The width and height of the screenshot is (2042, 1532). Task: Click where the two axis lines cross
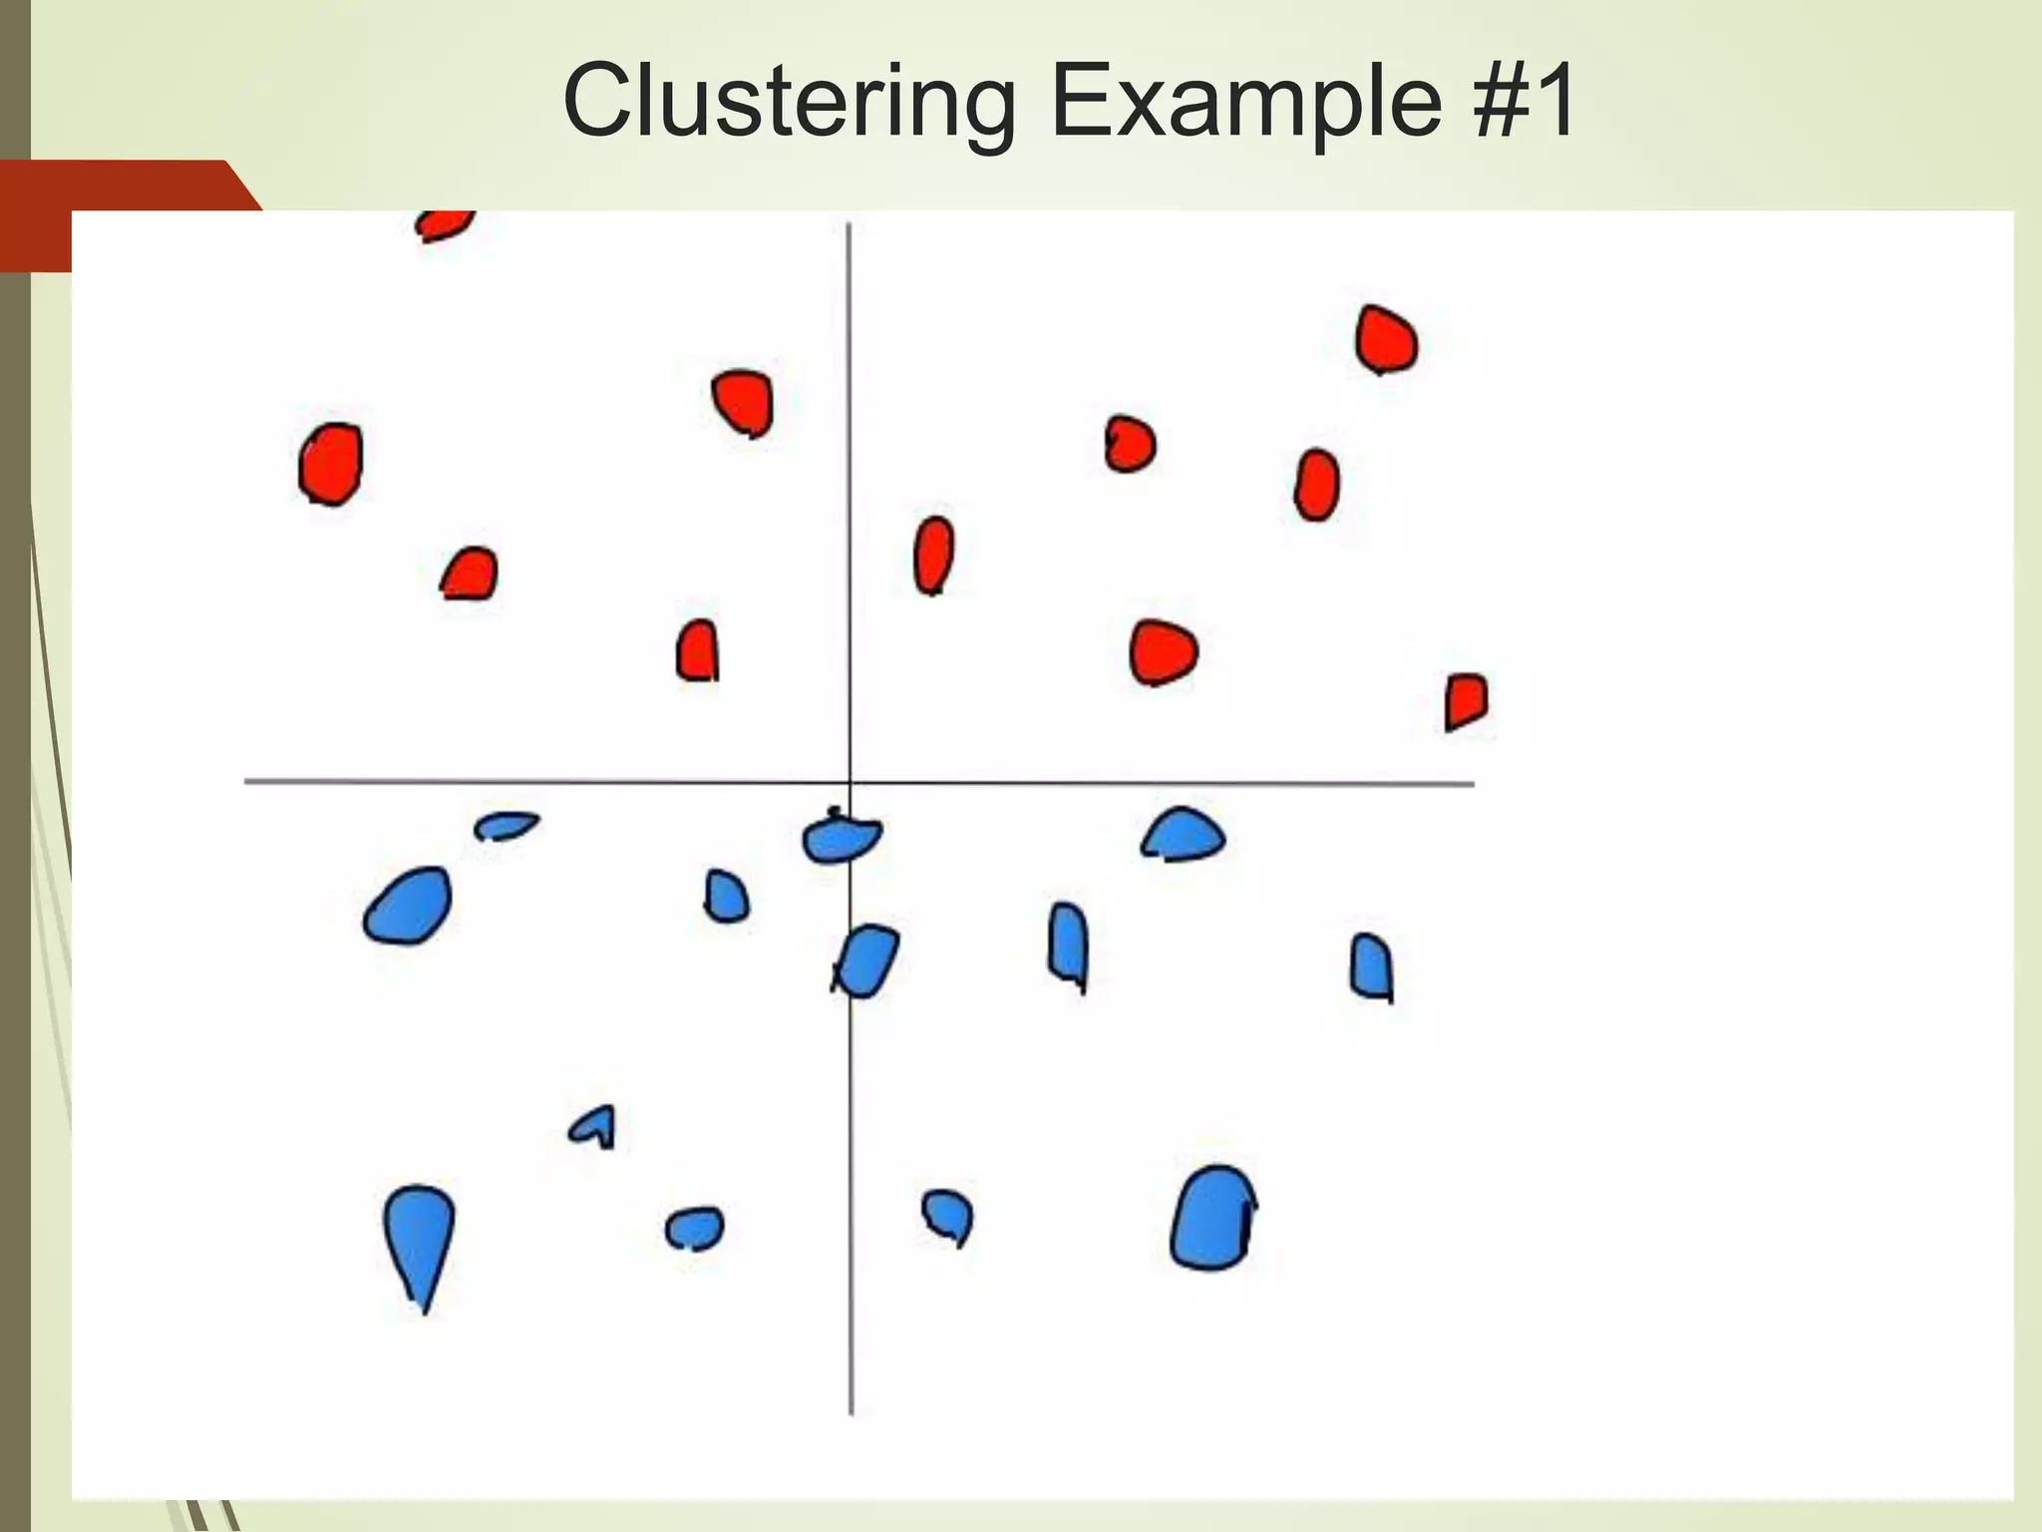tap(850, 783)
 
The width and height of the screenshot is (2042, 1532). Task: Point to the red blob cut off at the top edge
tap(443, 224)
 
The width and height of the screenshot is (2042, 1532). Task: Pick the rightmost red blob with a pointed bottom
tap(1466, 700)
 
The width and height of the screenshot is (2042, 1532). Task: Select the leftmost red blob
tap(331, 464)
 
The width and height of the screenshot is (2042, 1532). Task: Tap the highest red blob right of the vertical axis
tap(1386, 340)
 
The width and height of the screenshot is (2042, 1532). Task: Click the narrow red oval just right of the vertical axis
tap(933, 555)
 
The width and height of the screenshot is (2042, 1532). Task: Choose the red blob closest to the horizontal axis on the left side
tap(698, 650)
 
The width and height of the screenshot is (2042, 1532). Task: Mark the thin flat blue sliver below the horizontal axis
tap(507, 825)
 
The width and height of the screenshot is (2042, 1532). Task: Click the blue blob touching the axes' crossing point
tap(841, 838)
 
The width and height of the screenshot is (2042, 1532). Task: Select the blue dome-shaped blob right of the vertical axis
tap(1184, 836)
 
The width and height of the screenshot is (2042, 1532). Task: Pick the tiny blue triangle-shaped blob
tap(595, 1127)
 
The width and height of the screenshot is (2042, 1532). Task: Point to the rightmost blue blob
tap(1371, 966)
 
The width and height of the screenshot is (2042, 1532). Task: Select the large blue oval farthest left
tap(408, 906)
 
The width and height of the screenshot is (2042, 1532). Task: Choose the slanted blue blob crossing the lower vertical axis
tap(865, 960)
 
